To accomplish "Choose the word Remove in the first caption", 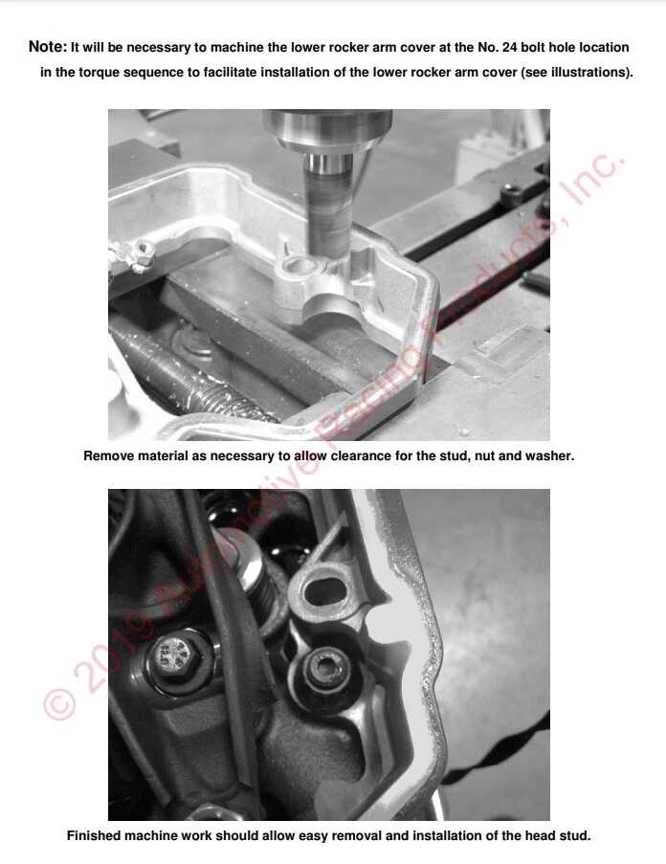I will [107, 456].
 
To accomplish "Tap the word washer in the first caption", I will [550, 456].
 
